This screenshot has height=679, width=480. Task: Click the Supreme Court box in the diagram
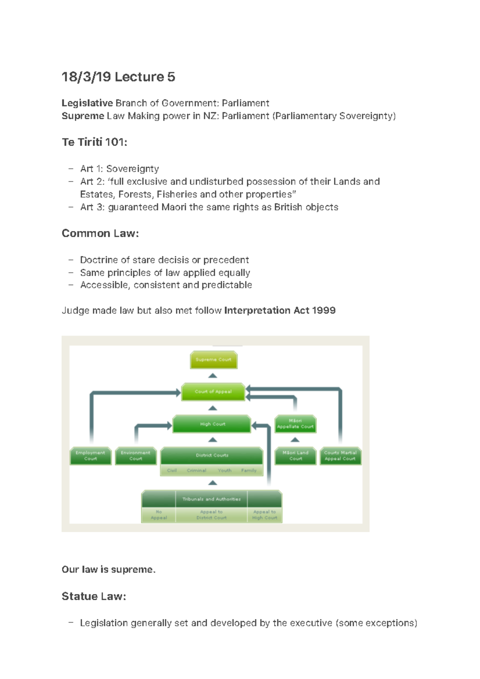214,359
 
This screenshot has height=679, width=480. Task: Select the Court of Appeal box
213,391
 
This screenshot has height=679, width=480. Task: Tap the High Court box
212,424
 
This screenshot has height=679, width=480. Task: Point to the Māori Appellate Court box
295,424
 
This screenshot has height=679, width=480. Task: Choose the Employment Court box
90,456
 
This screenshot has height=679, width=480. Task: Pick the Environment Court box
136,456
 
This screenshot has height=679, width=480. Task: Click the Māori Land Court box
296,456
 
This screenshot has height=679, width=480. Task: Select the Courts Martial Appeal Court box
340,456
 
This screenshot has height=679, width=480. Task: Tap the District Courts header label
212,455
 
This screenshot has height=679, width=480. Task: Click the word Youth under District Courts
224,471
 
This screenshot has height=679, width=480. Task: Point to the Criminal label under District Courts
196,471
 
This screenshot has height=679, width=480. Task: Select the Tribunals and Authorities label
212,499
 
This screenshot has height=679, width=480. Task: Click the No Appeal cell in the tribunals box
159,515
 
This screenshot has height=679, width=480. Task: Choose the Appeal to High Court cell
264,515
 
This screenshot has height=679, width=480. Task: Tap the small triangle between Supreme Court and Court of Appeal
213,375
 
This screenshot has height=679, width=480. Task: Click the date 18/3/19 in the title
86,77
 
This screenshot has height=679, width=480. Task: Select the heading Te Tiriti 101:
94,142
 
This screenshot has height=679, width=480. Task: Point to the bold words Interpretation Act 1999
280,310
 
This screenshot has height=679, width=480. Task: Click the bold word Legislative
87,103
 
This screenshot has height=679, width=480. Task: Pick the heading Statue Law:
94,596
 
